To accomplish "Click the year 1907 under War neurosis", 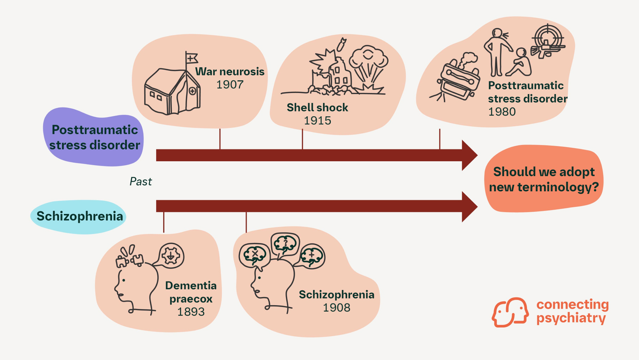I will (230, 85).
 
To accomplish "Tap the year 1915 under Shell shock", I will (317, 121).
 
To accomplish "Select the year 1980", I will (502, 112).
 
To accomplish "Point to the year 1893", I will (191, 312).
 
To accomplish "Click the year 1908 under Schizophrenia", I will (336, 308).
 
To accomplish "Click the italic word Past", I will (141, 181).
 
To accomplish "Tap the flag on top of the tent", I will (192, 58).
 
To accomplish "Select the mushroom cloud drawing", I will (369, 62).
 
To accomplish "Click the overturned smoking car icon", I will (458, 80).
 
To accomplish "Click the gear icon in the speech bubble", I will (171, 255).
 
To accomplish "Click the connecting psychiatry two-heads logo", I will (510, 312).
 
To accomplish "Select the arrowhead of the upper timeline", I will (469, 155).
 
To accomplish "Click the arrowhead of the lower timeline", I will (469, 207).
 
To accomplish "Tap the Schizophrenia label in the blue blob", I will (80, 216).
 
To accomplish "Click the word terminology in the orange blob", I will (558, 187).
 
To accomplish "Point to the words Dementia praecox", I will (191, 292).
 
